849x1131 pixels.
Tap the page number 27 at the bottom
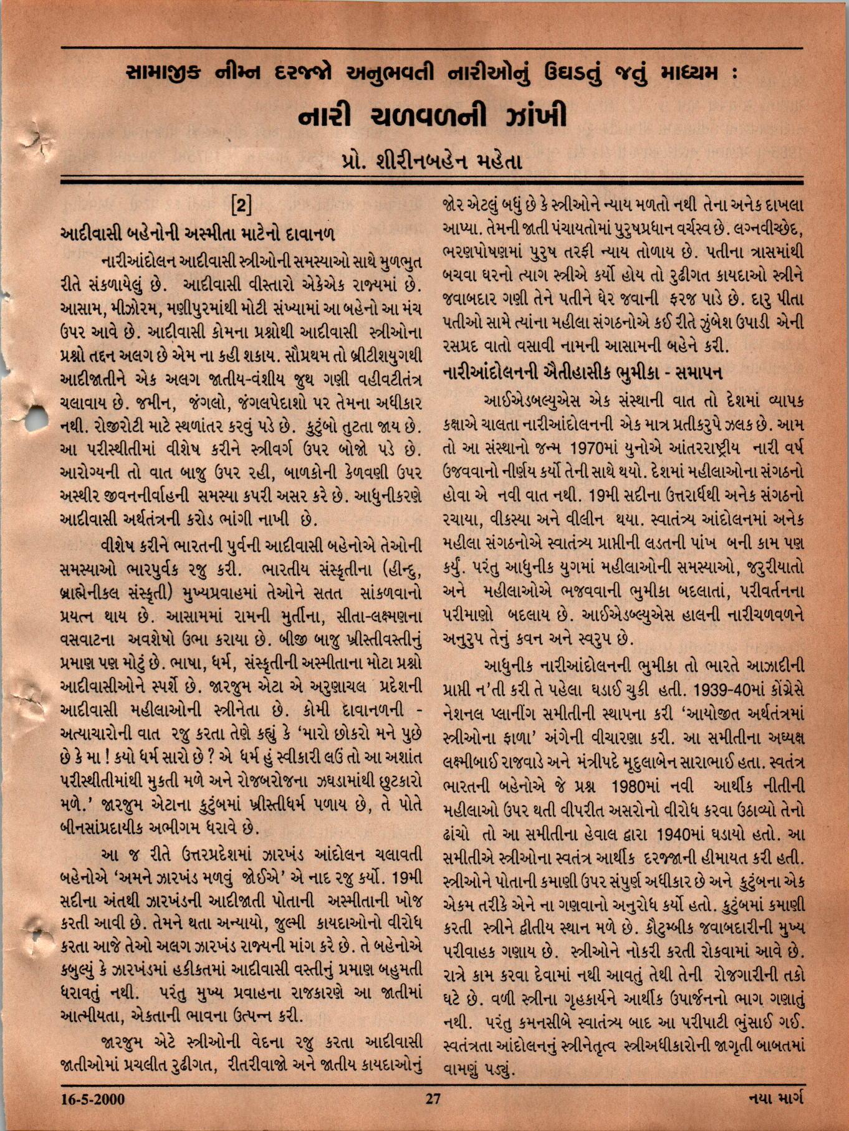433,1098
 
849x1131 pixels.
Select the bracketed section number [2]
241,205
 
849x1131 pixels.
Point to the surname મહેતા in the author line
496,161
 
